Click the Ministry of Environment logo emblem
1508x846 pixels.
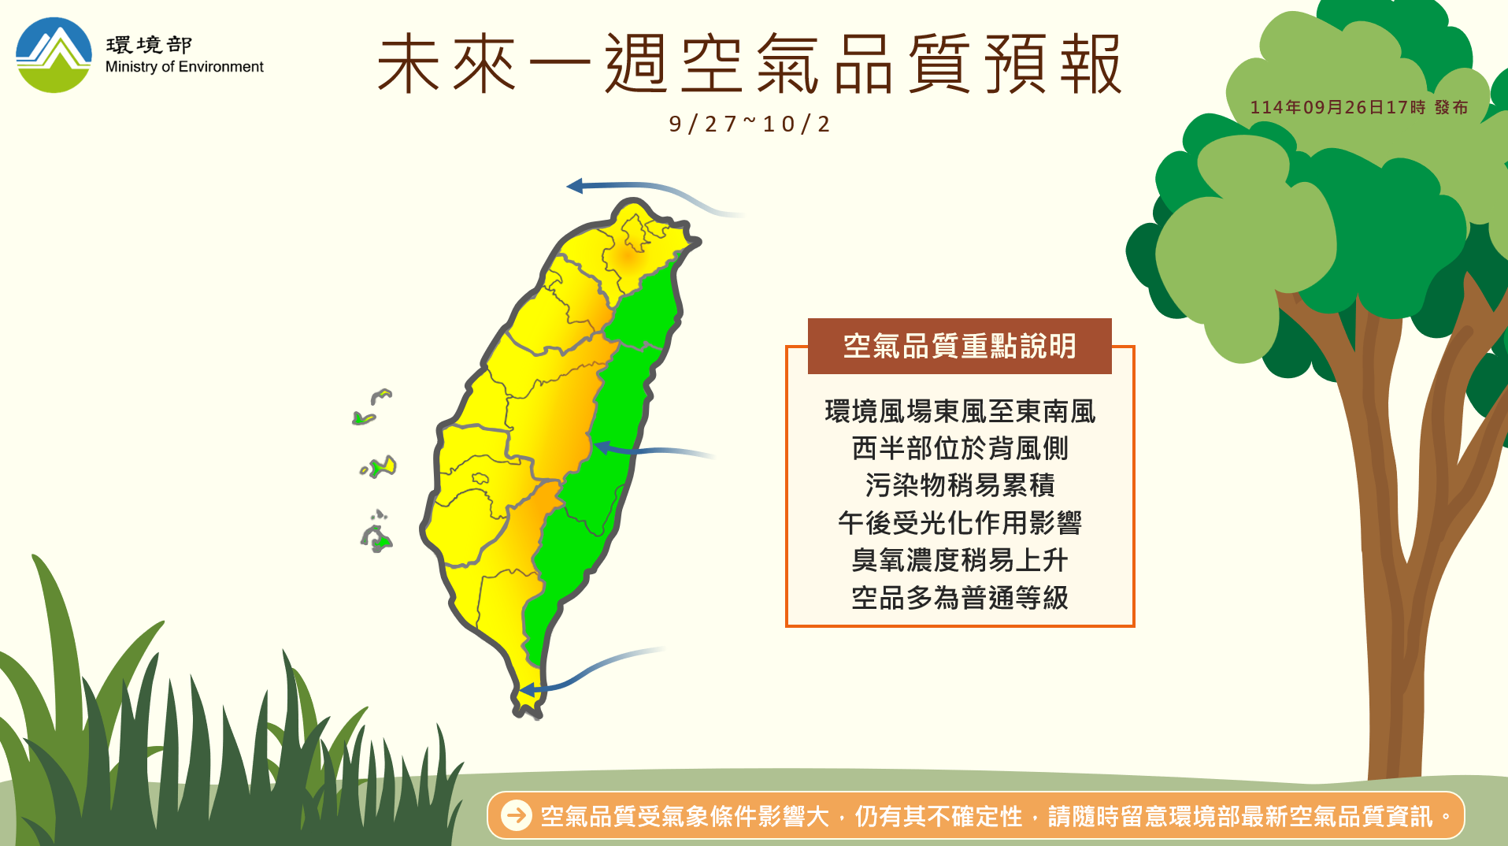pyautogui.click(x=54, y=55)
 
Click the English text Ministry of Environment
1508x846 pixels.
pyautogui.click(x=184, y=67)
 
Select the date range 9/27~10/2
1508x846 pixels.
pyautogui.click(x=749, y=124)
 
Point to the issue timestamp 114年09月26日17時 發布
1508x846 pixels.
pyautogui.click(x=1358, y=107)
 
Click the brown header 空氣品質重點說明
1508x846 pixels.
pyautogui.click(x=959, y=346)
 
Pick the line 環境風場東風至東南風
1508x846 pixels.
pyautogui.click(x=959, y=411)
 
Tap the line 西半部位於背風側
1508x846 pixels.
pyautogui.click(x=959, y=448)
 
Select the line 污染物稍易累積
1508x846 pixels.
pyautogui.click(x=959, y=485)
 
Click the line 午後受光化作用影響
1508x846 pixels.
pyautogui.click(x=959, y=522)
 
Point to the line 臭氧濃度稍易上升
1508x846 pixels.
pyautogui.click(x=959, y=560)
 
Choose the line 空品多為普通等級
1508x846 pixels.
pyautogui.click(x=959, y=598)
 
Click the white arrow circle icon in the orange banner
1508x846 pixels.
pyautogui.click(x=517, y=815)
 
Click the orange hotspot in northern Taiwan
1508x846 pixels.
pyautogui.click(x=629, y=255)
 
